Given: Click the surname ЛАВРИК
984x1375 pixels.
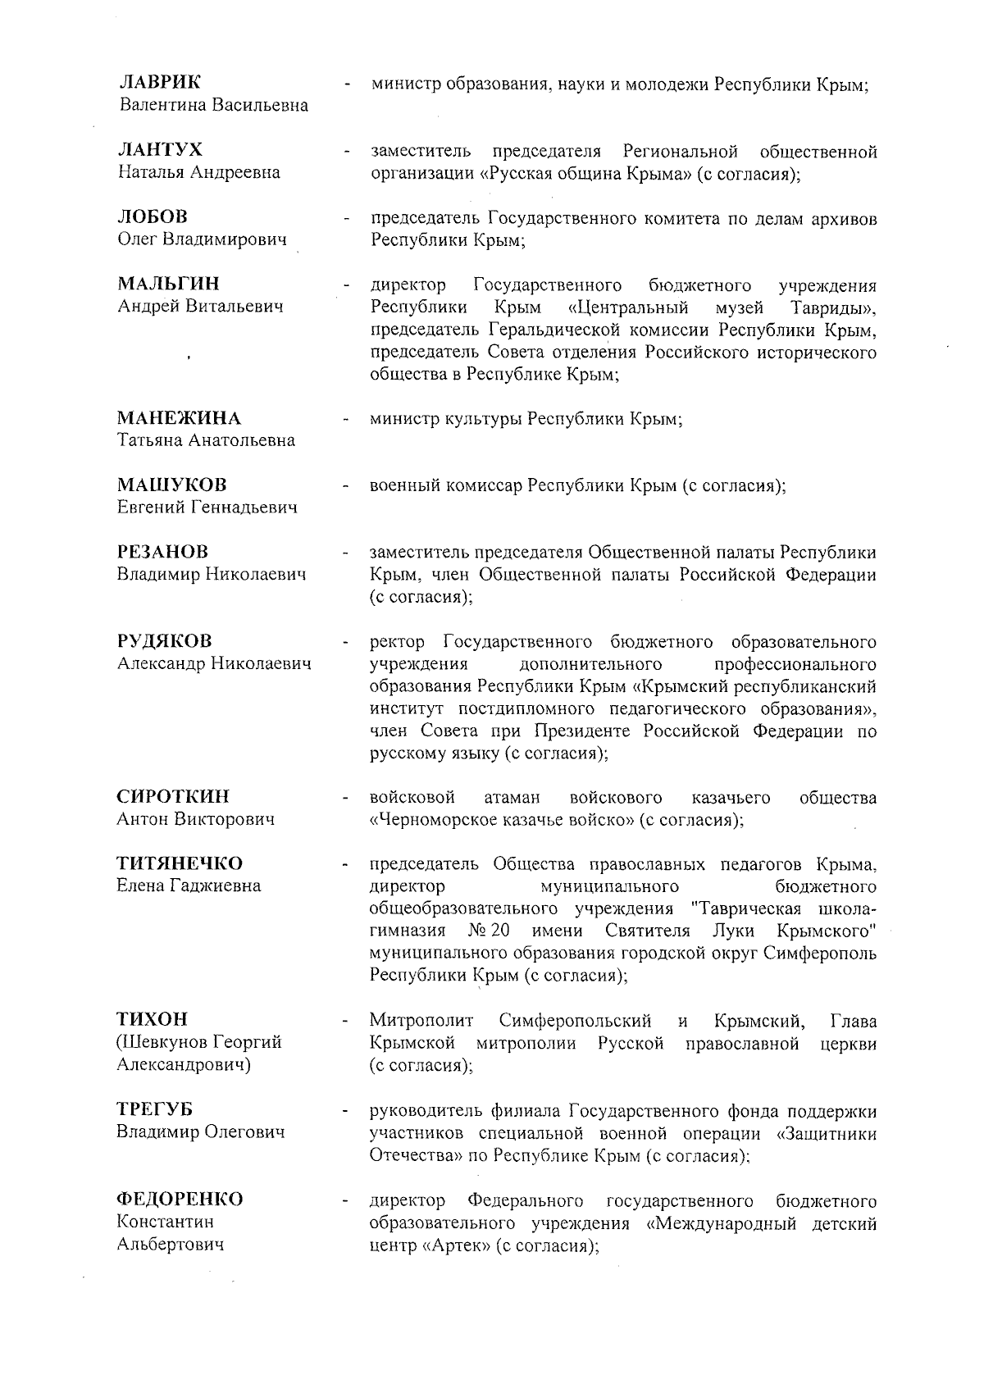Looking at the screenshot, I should (x=159, y=82).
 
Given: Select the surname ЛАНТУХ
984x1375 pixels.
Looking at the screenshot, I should (x=160, y=149).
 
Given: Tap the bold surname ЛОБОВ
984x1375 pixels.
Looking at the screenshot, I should (x=153, y=216).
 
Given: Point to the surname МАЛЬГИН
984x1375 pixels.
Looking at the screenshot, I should (x=168, y=284).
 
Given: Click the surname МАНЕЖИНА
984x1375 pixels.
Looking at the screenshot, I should (x=179, y=418).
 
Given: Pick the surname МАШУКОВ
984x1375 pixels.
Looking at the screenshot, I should (x=171, y=485).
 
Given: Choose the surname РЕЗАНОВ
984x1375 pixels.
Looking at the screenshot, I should (x=162, y=552).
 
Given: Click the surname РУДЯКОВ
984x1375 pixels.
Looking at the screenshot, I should (x=164, y=641).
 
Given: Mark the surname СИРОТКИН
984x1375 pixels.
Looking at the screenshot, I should (x=173, y=796).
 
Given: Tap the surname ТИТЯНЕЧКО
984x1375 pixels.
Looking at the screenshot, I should (x=180, y=863).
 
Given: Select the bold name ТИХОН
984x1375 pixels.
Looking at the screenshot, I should (x=152, y=1019).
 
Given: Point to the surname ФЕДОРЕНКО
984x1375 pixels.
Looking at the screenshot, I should (x=180, y=1200).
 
